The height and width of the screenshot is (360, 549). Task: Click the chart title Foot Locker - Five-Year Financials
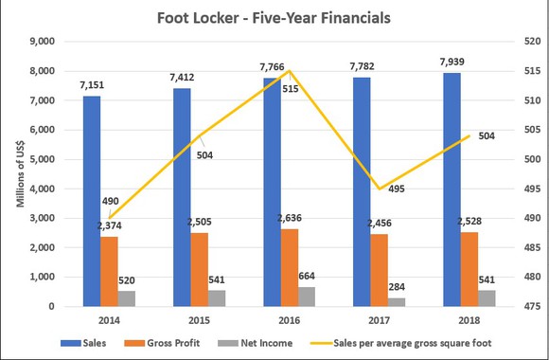[x=274, y=17]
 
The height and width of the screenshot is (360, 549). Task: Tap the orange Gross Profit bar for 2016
[x=290, y=267]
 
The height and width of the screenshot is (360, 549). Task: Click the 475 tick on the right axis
[x=510, y=307]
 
